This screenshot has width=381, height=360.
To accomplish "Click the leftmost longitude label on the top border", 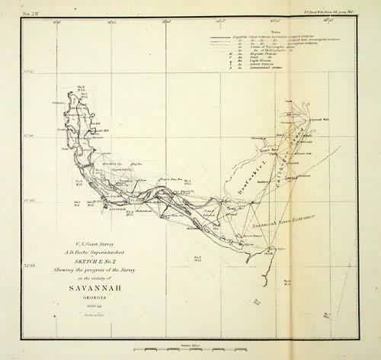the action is click(57, 21).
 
